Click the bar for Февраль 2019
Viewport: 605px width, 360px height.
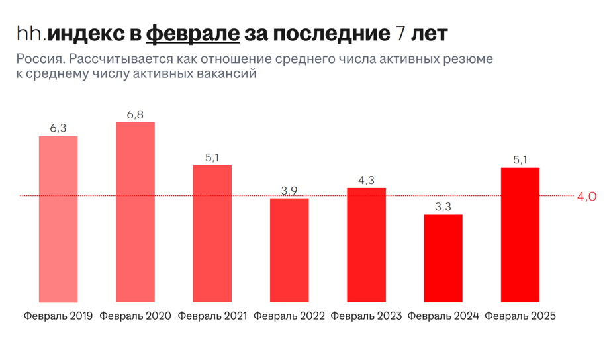tap(58, 219)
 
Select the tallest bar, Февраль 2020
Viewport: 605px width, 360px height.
tap(135, 212)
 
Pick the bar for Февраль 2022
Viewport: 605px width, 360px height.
tap(289, 250)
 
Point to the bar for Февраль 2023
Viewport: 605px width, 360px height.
tap(366, 245)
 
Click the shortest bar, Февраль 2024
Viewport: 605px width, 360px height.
tap(443, 258)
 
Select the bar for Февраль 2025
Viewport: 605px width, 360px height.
tap(520, 235)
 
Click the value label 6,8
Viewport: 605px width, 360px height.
tap(135, 114)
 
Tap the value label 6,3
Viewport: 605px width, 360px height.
tap(58, 128)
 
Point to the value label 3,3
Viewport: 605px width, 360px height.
tap(443, 207)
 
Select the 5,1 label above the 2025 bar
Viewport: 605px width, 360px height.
tap(520, 160)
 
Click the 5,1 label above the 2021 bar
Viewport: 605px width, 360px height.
tap(212, 157)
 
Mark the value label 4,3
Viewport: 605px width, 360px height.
tap(366, 181)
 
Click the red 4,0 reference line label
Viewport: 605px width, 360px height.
tap(587, 196)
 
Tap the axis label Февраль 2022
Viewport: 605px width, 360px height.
tap(289, 316)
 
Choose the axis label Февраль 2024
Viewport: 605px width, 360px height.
tap(443, 316)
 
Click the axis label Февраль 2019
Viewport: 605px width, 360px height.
tap(58, 316)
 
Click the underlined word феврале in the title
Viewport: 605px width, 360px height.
tap(192, 33)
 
